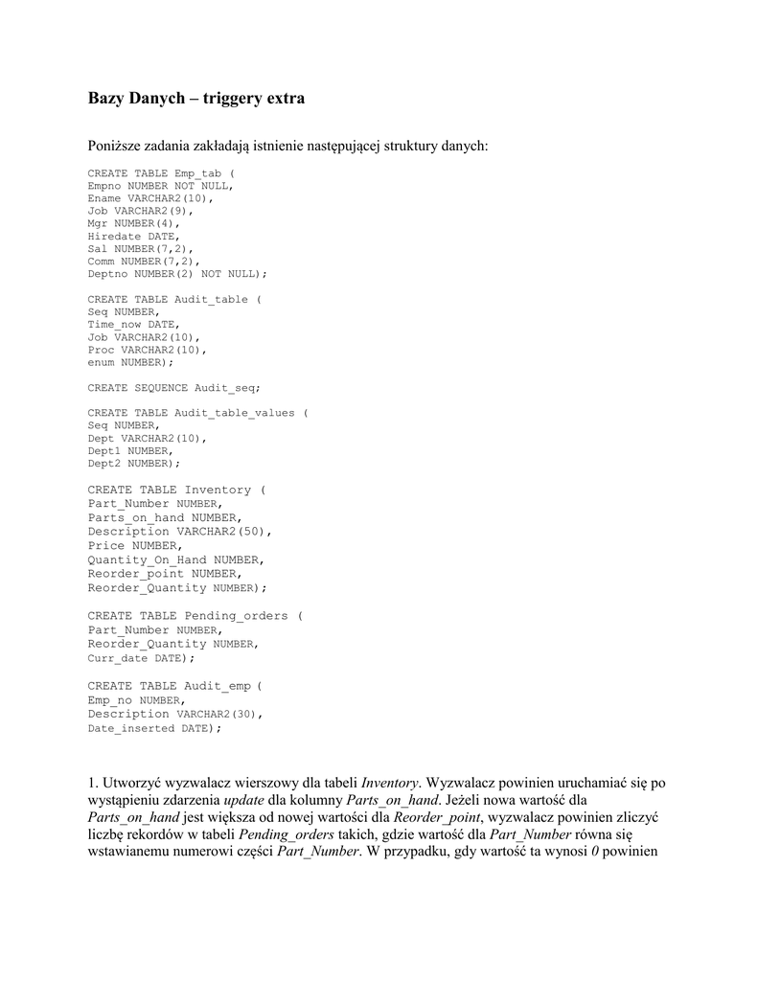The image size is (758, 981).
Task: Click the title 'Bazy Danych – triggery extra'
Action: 196,99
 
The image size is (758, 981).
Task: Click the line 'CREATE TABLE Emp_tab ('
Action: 160,173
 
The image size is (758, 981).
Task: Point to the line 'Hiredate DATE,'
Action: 133,236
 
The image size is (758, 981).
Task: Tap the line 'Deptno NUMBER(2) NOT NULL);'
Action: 177,273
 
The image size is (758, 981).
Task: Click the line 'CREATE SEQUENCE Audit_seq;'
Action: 173,388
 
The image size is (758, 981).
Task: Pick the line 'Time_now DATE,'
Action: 133,325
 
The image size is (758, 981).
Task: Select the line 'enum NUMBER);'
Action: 130,362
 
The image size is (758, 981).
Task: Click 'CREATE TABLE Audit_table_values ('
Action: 197,413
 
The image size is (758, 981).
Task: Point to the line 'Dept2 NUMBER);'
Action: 133,463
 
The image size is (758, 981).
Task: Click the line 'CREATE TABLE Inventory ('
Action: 176,490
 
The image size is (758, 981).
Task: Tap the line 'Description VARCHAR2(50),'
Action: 180,532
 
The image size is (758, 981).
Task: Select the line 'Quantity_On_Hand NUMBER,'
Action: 176,559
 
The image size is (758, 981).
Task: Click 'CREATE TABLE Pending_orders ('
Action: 195,616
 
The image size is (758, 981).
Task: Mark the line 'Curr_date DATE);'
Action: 140,658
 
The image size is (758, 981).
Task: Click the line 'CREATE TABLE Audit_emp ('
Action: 174,686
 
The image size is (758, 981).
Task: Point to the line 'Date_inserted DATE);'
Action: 153,728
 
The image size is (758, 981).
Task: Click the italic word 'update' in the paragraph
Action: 243,800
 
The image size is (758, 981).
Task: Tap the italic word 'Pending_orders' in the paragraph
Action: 278,834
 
